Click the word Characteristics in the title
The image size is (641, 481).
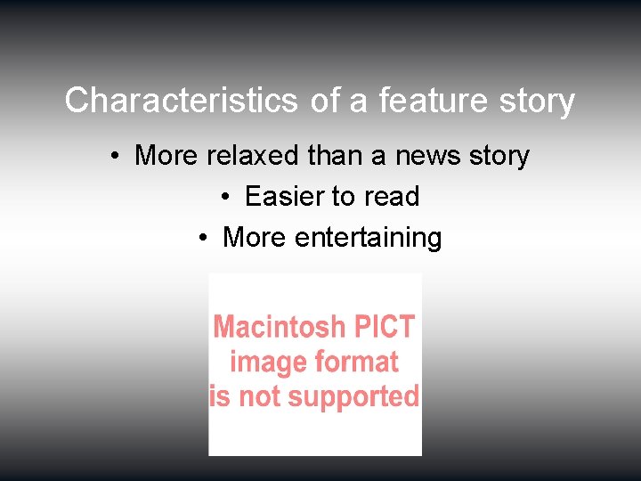(181, 101)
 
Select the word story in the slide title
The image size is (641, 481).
(537, 101)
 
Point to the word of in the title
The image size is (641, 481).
(325, 101)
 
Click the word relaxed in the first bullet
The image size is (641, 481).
(253, 156)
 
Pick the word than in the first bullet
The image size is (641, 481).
(334, 156)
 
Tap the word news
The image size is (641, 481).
(427, 156)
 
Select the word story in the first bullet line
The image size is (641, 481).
(499, 156)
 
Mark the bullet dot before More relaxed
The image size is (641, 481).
(116, 157)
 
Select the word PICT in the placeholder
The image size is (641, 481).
(385, 327)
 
